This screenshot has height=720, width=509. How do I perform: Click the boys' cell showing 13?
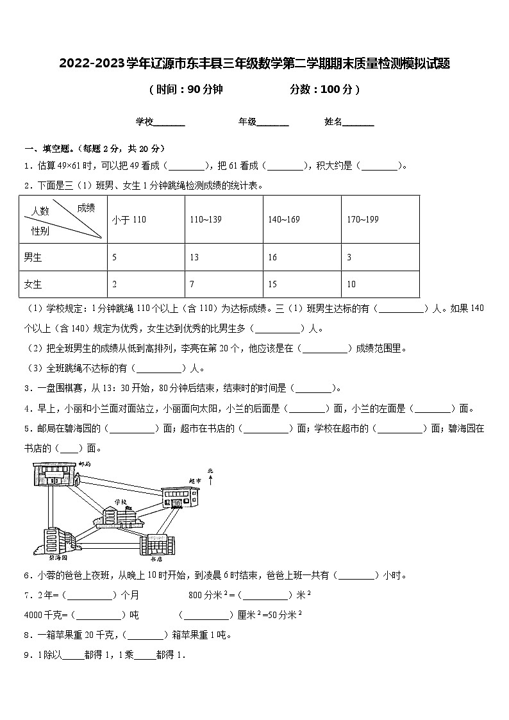click(x=194, y=258)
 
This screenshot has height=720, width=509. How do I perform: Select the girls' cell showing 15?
click(x=273, y=284)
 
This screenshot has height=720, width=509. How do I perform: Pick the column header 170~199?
click(x=362, y=219)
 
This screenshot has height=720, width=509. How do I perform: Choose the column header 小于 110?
click(x=129, y=219)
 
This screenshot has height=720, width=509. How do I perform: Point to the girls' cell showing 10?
click(x=351, y=284)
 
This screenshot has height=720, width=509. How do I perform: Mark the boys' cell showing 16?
click(x=273, y=258)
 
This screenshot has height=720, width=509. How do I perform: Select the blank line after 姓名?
click(x=358, y=122)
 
